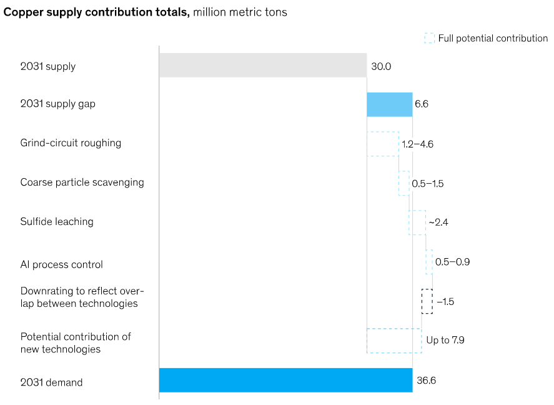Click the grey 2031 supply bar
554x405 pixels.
(262, 66)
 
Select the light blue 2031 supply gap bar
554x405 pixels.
(389, 104)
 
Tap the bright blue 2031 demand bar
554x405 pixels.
(285, 380)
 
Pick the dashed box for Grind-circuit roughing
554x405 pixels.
(382, 144)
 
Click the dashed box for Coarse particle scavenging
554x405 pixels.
(404, 183)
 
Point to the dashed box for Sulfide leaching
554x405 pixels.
(417, 222)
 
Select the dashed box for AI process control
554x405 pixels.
(429, 262)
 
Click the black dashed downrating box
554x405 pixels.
(427, 301)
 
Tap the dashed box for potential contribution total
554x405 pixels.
(394, 341)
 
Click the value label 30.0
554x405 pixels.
(381, 66)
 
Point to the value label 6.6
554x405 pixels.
(422, 104)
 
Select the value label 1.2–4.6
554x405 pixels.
(417, 144)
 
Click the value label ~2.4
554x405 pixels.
(438, 222)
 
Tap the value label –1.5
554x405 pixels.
(445, 302)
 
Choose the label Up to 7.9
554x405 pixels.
(445, 341)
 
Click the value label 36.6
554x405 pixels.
(426, 380)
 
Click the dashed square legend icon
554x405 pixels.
(429, 38)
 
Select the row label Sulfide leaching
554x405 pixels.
(57, 222)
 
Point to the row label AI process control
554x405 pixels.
(61, 264)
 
